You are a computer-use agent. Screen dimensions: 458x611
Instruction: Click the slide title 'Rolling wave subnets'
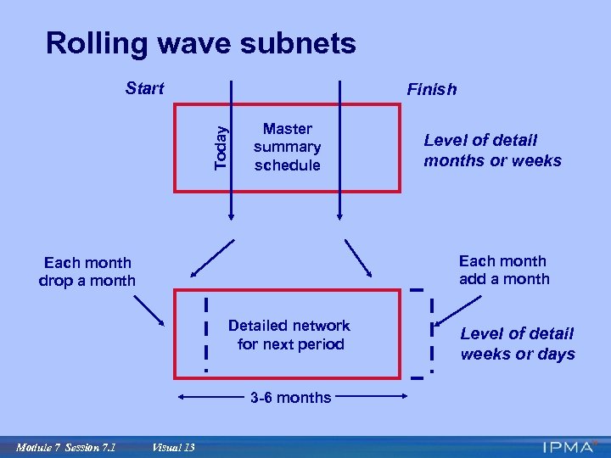(x=201, y=43)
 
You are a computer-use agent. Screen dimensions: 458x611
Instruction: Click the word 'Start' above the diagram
(x=144, y=87)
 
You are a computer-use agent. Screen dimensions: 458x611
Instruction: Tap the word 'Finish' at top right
(x=431, y=89)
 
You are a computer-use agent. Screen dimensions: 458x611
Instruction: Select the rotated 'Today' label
(x=221, y=147)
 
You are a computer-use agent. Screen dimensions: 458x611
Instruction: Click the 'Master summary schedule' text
(x=287, y=147)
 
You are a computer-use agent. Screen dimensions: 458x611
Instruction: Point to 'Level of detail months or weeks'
(x=492, y=151)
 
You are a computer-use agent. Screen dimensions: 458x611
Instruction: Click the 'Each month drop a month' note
(x=87, y=271)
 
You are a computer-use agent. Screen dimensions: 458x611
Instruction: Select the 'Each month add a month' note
(x=504, y=270)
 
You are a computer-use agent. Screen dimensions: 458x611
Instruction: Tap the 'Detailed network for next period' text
(x=289, y=335)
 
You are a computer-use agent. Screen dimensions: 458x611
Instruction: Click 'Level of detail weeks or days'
(x=518, y=343)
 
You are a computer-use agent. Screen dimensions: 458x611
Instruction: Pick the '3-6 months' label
(x=290, y=397)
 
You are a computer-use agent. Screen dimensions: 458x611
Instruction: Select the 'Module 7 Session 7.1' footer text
(x=65, y=446)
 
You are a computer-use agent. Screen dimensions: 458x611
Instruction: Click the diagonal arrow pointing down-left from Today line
(x=212, y=258)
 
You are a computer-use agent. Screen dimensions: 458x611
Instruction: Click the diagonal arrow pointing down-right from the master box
(x=358, y=257)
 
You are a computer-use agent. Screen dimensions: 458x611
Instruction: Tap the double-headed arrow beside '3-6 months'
(x=212, y=397)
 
